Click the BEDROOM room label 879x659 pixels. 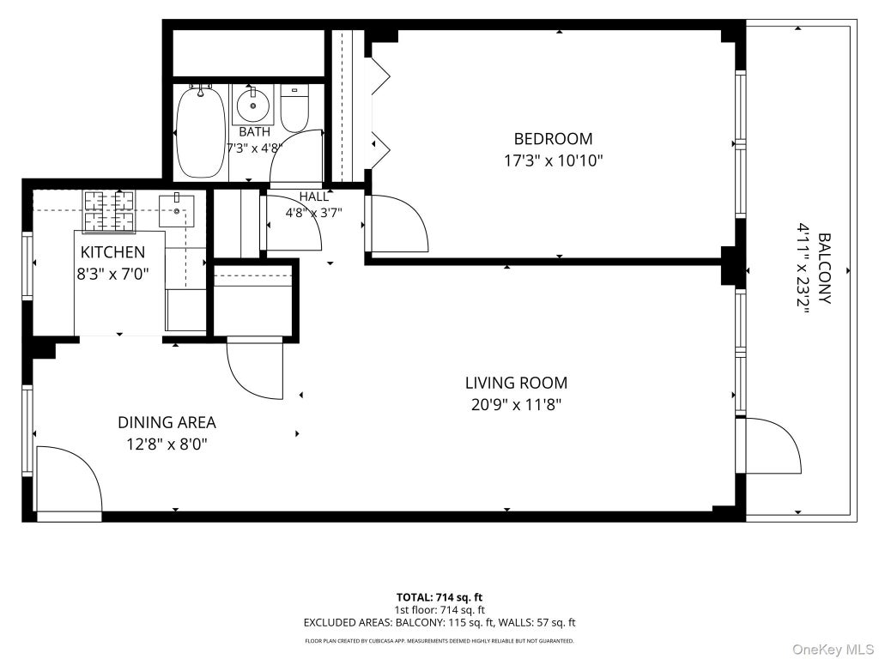[x=553, y=138]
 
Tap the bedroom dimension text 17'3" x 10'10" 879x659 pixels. [x=553, y=161]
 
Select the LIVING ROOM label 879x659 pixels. [x=516, y=383]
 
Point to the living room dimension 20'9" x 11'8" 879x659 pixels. [x=516, y=405]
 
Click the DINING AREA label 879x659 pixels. [x=167, y=422]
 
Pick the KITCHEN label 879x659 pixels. [x=112, y=252]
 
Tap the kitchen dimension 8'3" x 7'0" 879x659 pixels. [x=112, y=274]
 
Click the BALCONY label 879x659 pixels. [x=824, y=269]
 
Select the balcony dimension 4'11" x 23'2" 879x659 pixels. [x=803, y=269]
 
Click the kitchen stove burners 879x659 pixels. [x=109, y=212]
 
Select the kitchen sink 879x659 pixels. [x=177, y=210]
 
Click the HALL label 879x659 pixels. [x=314, y=196]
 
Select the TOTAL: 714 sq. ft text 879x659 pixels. [x=439, y=597]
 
